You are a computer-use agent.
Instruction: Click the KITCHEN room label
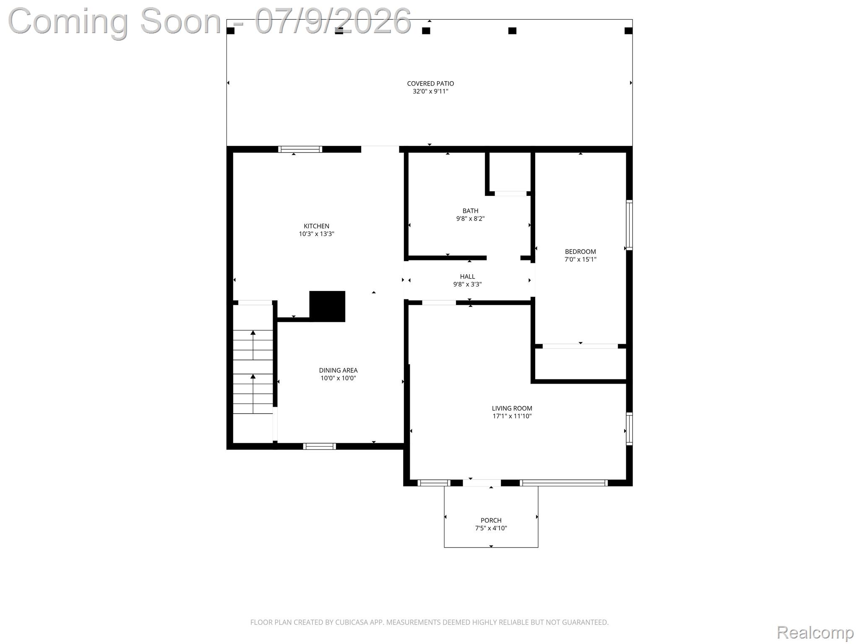[x=316, y=226]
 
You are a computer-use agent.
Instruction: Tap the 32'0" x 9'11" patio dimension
[x=430, y=91]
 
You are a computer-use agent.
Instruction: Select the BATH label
[x=470, y=211]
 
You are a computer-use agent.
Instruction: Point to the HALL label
[x=467, y=277]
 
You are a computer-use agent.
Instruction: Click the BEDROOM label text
[x=580, y=252]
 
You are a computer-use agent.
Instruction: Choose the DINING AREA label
[x=338, y=370]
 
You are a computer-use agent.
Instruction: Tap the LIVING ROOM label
[x=512, y=408]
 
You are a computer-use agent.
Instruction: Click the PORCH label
[x=491, y=520]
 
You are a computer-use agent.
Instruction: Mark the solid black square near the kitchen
[x=327, y=306]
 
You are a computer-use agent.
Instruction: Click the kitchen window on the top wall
[x=300, y=149]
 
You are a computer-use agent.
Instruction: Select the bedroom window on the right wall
[x=629, y=225]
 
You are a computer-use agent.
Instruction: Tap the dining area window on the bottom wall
[x=320, y=446]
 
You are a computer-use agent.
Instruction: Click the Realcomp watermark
[x=815, y=632]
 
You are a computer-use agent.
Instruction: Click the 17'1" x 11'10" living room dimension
[x=512, y=416]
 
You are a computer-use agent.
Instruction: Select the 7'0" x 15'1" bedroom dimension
[x=580, y=260]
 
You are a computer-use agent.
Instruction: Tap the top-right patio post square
[x=628, y=31]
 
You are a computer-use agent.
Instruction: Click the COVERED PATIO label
[x=430, y=84]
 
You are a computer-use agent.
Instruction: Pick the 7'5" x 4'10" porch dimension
[x=491, y=528]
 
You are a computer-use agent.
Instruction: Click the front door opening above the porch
[x=482, y=483]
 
